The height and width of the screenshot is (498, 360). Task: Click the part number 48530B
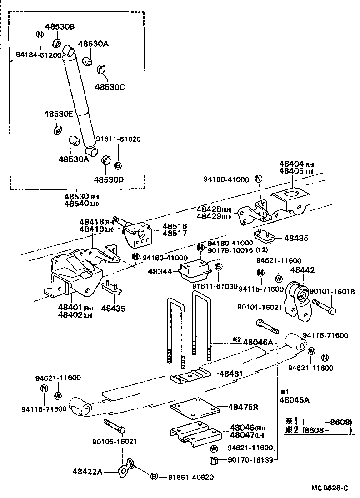tap(60, 27)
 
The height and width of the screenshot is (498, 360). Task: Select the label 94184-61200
tap(39, 55)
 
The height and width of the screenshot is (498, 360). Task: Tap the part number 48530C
tap(109, 86)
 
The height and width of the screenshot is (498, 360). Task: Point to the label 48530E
tap(58, 115)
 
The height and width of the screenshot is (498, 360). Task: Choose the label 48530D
tap(109, 179)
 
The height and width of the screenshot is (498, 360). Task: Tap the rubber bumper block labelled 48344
tap(195, 273)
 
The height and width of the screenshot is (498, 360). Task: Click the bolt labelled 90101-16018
tap(324, 310)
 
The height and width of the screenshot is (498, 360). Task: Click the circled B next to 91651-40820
tap(154, 477)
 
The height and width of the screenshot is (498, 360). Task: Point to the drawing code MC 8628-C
tap(330, 488)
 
